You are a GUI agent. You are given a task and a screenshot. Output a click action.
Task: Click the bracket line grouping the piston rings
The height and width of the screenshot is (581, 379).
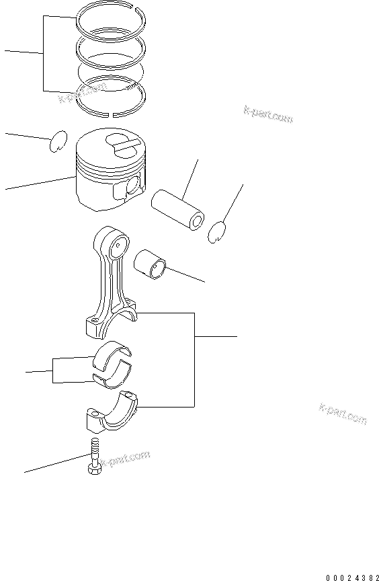(x=44, y=54)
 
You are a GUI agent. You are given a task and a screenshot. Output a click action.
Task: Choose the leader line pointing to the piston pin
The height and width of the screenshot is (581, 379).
(x=191, y=175)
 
